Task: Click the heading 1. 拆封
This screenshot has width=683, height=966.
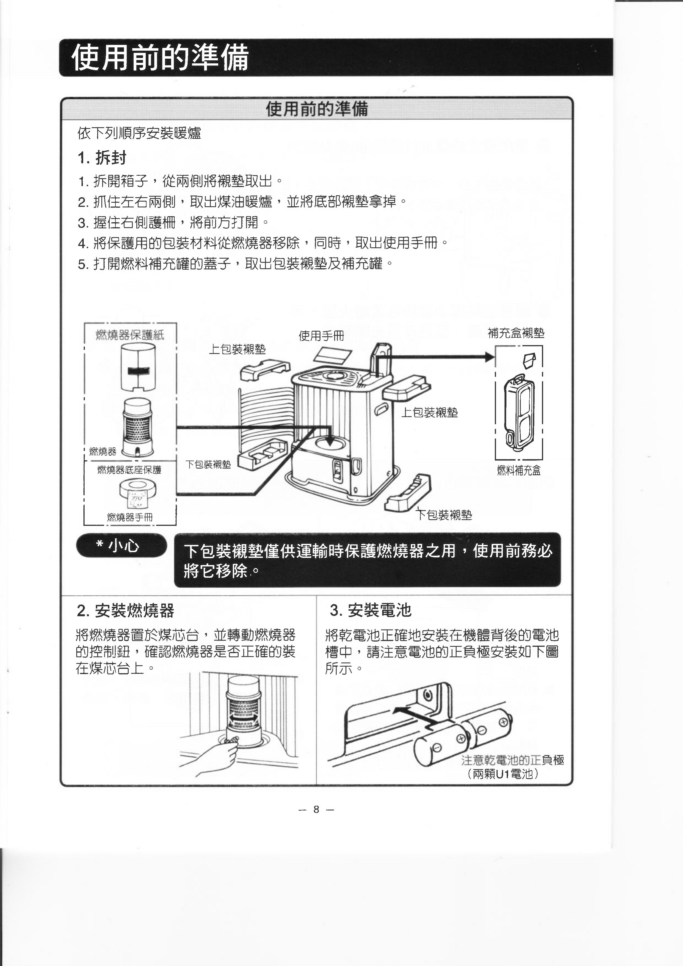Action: (102, 158)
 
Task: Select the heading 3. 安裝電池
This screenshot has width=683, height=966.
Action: (370, 610)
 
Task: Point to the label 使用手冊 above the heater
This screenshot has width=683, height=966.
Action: (321, 336)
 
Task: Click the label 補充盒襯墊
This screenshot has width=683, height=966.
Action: (516, 333)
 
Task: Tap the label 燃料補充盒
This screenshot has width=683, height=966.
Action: (519, 470)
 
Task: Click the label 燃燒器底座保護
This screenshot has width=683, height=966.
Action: (129, 470)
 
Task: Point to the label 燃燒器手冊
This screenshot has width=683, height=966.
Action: (130, 517)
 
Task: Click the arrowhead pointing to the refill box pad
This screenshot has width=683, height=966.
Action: (489, 357)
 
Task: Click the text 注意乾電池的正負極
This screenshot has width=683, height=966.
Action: (513, 760)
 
